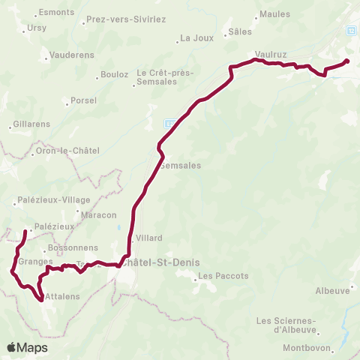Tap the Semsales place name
pyautogui.click(x=181, y=166)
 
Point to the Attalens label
pyautogui.click(x=61, y=297)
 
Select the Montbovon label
pyautogui.click(x=307, y=348)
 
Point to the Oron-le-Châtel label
pyautogui.click(x=62, y=151)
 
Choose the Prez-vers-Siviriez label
pyautogui.click(x=126, y=18)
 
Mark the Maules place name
pyautogui.click(x=274, y=14)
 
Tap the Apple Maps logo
pyautogui.click(x=27, y=347)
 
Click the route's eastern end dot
pyautogui.click(x=346, y=62)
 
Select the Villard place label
pyautogui.click(x=149, y=238)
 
